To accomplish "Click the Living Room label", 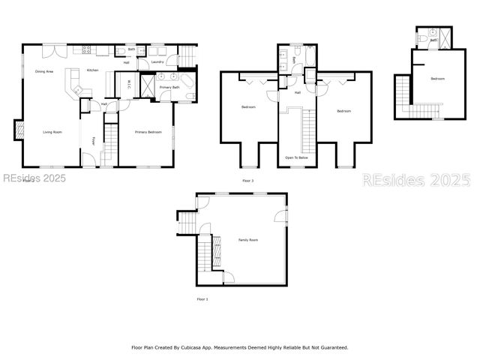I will [x=52, y=132].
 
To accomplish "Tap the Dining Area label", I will [x=44, y=71].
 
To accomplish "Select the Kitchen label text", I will [x=92, y=70].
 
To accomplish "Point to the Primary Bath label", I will [x=169, y=88].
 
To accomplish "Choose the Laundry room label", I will [x=157, y=61].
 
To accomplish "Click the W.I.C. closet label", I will [x=129, y=83].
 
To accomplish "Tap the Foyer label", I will [x=93, y=140].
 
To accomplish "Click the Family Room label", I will [x=248, y=240].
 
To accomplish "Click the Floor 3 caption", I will [x=247, y=181].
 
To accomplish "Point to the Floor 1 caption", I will [x=202, y=299].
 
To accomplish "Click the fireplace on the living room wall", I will [x=17, y=130].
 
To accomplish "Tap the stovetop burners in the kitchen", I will [x=85, y=50].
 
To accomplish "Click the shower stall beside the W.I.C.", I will [x=146, y=82].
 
